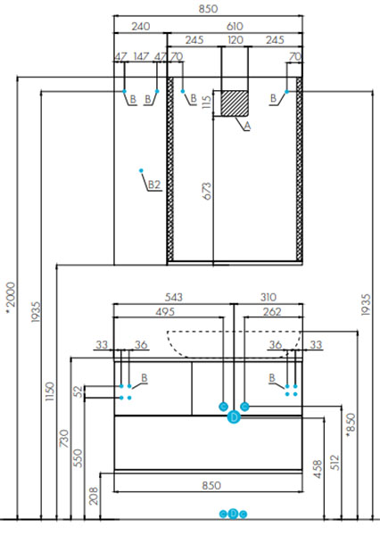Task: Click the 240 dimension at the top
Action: coord(141,26)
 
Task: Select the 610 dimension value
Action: coord(235,26)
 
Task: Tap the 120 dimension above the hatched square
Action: coord(235,40)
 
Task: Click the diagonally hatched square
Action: coord(235,103)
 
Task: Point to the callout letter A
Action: coord(247,127)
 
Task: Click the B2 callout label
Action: coord(154,185)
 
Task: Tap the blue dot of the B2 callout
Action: coord(141,170)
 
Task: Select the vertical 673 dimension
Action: coord(207,191)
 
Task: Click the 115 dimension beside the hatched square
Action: coord(207,102)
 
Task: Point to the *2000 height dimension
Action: coord(11,297)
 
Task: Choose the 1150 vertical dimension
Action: coord(50,391)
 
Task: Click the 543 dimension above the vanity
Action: coord(174,297)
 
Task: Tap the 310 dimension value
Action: coord(268,297)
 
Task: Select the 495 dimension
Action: coord(165,311)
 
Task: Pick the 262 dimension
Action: coord(272,311)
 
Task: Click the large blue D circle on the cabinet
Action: coord(234,417)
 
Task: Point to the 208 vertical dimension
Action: coord(94,496)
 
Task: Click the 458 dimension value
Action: coord(318,469)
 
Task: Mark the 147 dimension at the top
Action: coord(141,56)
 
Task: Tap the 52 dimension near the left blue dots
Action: coord(78,391)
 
